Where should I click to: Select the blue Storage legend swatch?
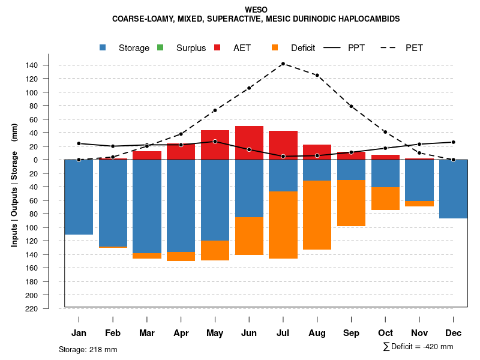103,47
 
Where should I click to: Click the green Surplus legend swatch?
160,47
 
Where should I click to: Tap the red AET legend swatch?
217,47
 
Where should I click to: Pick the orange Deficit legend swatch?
275,47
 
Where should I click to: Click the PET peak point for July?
283,64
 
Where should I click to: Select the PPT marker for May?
215,142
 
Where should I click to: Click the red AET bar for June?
249,143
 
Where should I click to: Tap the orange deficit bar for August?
317,215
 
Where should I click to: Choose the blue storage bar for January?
79,197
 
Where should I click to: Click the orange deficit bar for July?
283,225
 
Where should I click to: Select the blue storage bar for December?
453,189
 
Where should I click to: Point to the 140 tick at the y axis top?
49,65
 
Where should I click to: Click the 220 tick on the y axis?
49,308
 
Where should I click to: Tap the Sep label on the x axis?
351,333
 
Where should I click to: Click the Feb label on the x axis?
113,333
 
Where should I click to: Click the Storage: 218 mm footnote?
88,349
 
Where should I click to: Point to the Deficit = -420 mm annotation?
418,347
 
